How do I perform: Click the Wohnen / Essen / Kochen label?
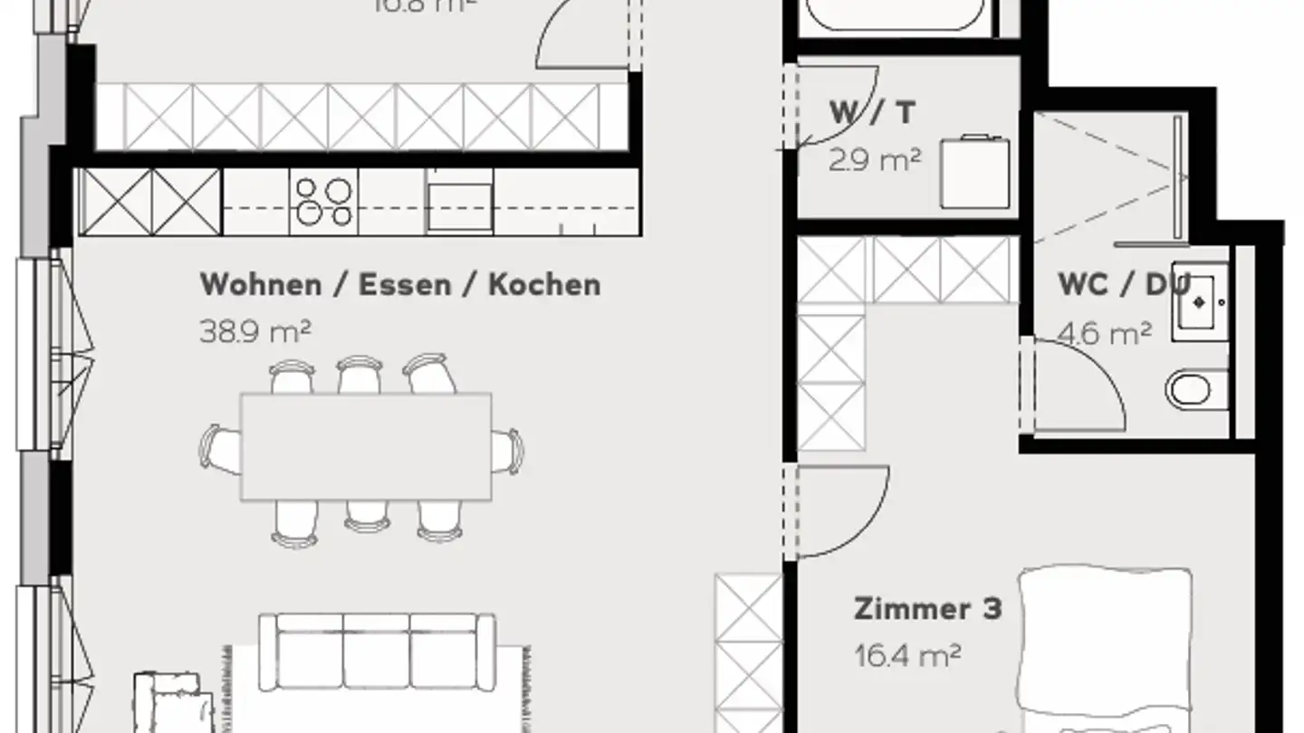[399, 284]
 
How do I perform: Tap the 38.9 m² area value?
[254, 331]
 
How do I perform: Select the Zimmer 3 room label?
[927, 608]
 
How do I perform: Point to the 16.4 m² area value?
[906, 655]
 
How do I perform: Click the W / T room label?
[872, 113]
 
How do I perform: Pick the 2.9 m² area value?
[874, 160]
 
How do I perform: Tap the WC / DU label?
[1123, 284]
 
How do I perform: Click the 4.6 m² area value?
[1105, 333]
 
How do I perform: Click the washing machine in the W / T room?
[976, 172]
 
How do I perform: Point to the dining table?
[366, 446]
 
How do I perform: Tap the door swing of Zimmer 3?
[842, 511]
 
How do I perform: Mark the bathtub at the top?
[893, 16]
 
